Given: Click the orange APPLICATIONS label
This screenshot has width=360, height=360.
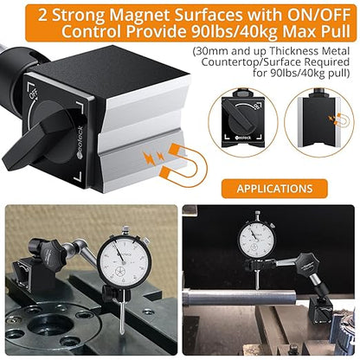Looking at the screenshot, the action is [274, 189].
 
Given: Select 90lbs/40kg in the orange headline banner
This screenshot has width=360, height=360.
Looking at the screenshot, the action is [235, 32].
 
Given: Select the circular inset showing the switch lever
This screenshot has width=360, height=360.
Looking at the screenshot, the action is [243, 123].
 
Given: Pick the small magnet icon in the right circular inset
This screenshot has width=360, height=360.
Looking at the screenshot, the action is [340, 120].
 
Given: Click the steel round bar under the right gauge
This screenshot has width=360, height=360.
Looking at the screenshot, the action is [240, 298].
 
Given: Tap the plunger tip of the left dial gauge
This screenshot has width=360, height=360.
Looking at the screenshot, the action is [122, 332].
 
